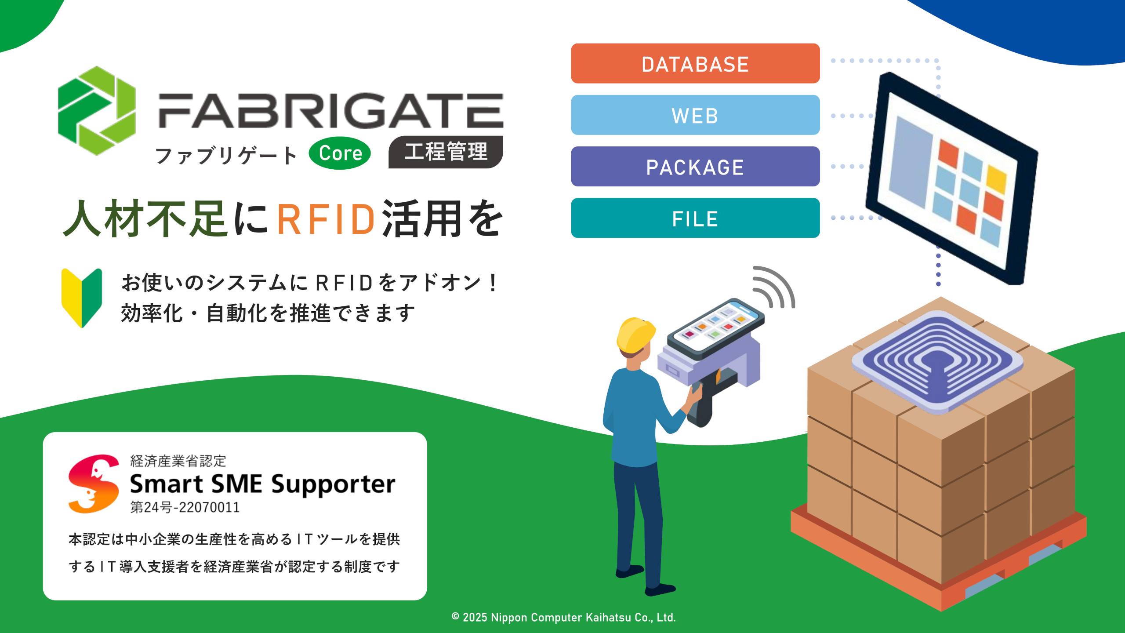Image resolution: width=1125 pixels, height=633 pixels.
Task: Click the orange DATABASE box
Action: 695,63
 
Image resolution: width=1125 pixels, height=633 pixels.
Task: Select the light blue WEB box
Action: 695,115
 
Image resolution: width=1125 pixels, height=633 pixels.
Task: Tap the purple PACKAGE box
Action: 695,166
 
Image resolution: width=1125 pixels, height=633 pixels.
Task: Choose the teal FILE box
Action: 695,218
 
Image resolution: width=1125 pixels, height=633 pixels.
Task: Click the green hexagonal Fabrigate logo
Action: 97,111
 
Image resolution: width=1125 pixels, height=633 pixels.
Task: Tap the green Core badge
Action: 340,153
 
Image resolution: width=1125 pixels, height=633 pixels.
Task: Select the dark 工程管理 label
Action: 446,152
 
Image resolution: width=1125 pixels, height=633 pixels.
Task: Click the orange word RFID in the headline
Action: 326,219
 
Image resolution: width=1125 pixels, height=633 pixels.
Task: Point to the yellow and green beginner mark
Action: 82,298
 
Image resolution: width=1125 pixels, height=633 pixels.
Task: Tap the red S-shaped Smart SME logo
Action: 94,484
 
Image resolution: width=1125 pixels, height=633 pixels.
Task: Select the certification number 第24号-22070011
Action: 185,507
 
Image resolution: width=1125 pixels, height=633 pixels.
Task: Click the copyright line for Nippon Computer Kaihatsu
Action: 564,617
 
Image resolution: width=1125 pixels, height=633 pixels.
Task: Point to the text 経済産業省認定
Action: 178,461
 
